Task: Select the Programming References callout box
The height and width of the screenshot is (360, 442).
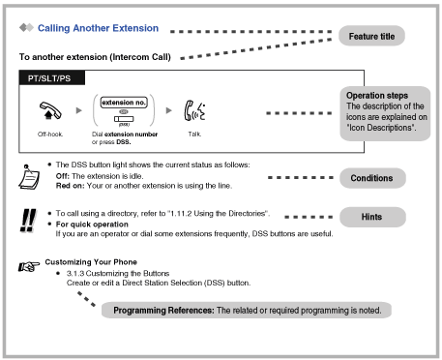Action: point(250,310)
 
